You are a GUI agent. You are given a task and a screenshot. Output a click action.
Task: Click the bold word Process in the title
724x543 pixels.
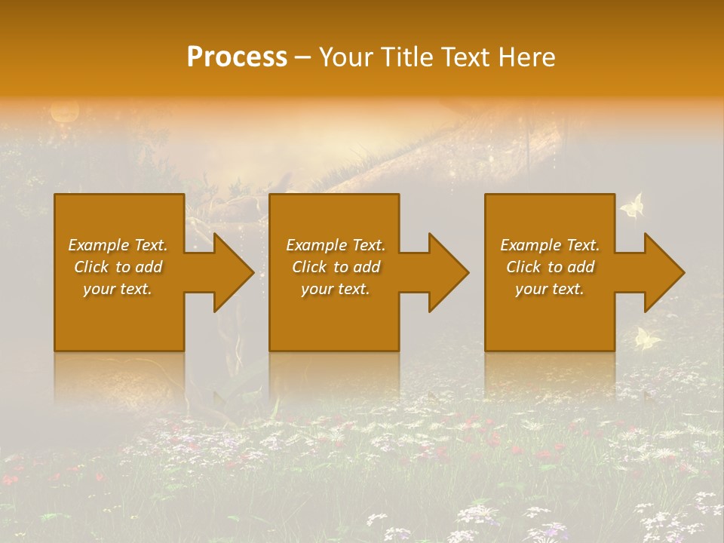[x=237, y=57]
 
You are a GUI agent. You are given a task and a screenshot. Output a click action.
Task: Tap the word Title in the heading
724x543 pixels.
[x=407, y=57]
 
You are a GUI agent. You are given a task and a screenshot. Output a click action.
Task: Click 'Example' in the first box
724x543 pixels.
[x=98, y=245]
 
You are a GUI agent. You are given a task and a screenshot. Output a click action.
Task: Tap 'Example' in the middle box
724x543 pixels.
[x=316, y=245]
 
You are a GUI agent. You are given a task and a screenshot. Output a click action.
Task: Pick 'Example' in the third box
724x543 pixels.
[x=530, y=245]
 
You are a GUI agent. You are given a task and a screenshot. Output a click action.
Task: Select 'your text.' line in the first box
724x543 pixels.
[x=118, y=289]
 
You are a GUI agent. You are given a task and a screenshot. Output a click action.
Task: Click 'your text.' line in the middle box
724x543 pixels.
[x=335, y=289]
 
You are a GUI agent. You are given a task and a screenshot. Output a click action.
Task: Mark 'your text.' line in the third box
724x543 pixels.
[x=549, y=289]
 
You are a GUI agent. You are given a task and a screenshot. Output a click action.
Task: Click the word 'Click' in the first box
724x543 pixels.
[x=91, y=267]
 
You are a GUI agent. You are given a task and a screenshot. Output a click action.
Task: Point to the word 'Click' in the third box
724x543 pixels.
[x=523, y=267]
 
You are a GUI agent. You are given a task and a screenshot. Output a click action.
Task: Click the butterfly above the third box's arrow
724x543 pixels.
[x=632, y=206]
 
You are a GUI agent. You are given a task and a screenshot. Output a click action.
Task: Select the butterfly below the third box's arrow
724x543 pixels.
[x=647, y=339]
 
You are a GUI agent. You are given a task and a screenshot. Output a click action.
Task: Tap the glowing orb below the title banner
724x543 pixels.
[x=64, y=112]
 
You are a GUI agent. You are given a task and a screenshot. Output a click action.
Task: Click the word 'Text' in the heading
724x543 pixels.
[x=467, y=57]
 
